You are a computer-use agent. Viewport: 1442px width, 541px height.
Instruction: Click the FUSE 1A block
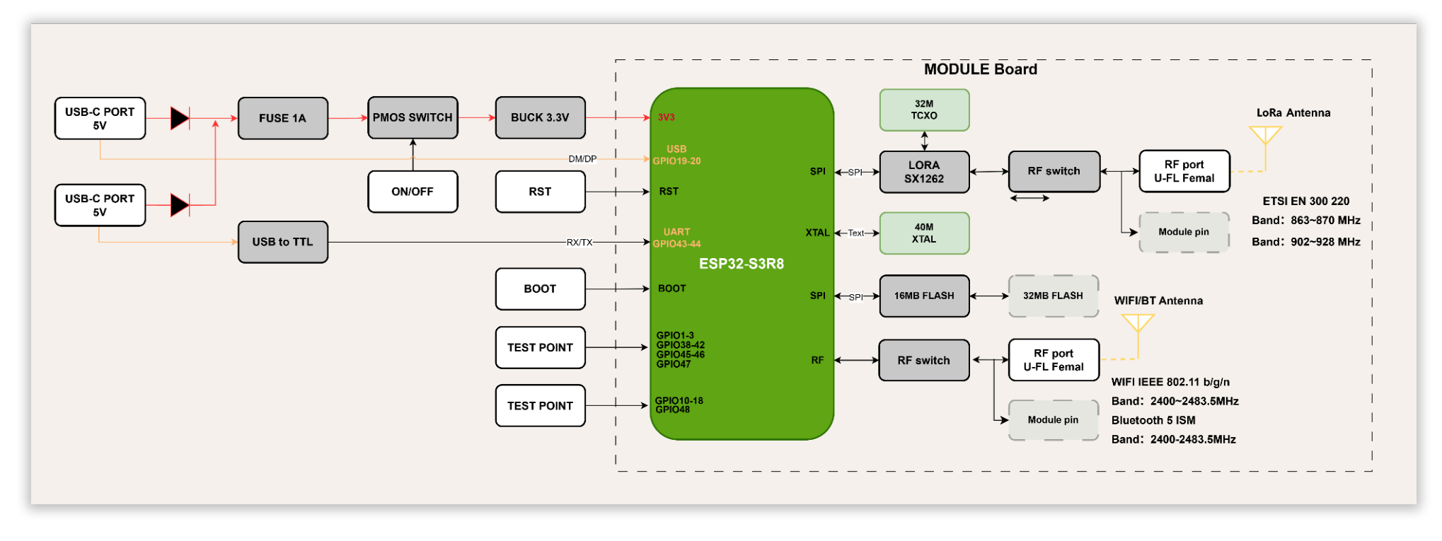point(283,118)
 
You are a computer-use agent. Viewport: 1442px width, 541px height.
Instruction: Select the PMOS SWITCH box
point(413,117)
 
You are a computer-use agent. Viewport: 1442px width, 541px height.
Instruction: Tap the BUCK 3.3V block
point(540,117)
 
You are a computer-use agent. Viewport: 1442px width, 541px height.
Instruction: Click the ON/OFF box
point(413,192)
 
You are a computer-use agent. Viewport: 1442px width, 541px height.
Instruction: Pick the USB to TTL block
point(283,242)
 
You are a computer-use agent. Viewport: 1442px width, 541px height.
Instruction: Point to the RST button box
point(540,192)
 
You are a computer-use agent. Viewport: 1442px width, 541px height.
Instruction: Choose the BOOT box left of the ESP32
point(540,289)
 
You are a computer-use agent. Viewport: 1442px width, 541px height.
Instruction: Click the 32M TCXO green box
point(924,110)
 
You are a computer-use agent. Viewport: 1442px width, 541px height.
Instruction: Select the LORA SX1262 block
point(924,172)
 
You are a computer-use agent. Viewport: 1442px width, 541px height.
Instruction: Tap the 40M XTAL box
point(924,233)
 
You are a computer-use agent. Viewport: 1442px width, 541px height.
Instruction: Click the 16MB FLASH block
point(924,296)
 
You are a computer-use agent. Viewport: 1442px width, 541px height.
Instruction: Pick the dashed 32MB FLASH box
point(1053,296)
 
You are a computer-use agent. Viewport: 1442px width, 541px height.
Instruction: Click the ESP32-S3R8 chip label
point(742,264)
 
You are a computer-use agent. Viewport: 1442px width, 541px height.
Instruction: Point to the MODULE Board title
point(981,69)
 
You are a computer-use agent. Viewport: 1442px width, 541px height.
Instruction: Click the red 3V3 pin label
point(667,117)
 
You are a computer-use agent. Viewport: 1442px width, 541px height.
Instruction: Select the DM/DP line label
point(582,159)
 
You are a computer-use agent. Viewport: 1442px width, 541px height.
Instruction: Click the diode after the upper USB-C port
point(180,118)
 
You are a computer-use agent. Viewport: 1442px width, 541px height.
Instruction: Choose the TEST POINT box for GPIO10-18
point(540,406)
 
